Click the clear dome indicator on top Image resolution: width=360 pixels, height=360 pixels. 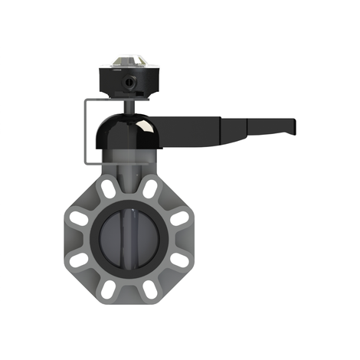pyautogui.click(x=126, y=61)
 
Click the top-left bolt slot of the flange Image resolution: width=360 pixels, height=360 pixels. pyautogui.click(x=107, y=188)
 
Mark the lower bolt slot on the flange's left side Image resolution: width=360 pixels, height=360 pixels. pyautogui.click(x=78, y=260)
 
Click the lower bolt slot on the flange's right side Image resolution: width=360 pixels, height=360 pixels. pyautogui.click(x=177, y=260)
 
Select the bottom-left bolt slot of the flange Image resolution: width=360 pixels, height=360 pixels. pyautogui.click(x=107, y=289)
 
